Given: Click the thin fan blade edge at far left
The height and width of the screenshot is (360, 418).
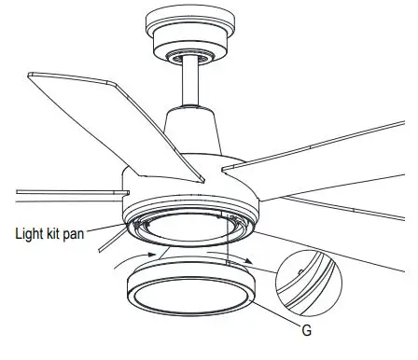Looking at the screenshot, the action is coord(56,194).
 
